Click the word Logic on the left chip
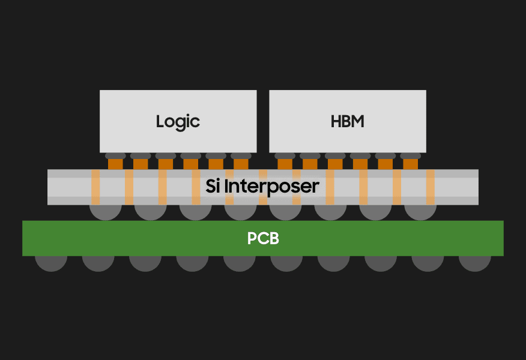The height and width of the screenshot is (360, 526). pos(178,122)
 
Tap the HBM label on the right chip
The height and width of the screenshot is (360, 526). pos(348,122)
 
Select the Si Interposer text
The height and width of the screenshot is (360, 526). pos(262,186)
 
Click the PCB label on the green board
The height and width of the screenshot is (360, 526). pos(263,239)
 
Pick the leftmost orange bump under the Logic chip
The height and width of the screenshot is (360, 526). pos(115,164)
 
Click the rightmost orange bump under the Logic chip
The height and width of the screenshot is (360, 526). pos(241,164)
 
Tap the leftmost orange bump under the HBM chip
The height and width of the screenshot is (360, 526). pos(285,164)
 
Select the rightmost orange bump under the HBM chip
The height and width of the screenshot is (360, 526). pos(410,164)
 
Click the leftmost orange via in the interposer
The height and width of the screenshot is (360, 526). pos(95,187)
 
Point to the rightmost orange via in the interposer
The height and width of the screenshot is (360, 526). pos(430,187)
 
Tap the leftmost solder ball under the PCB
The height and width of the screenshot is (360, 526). pos(51,263)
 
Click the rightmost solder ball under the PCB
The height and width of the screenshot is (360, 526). pos(475,263)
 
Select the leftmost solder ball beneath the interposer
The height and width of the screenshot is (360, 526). pos(105,212)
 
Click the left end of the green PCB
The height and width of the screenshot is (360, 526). pos(26,238)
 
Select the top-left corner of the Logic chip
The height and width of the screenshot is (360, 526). pos(101,91)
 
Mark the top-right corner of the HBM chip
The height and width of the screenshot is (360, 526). pos(425,91)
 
